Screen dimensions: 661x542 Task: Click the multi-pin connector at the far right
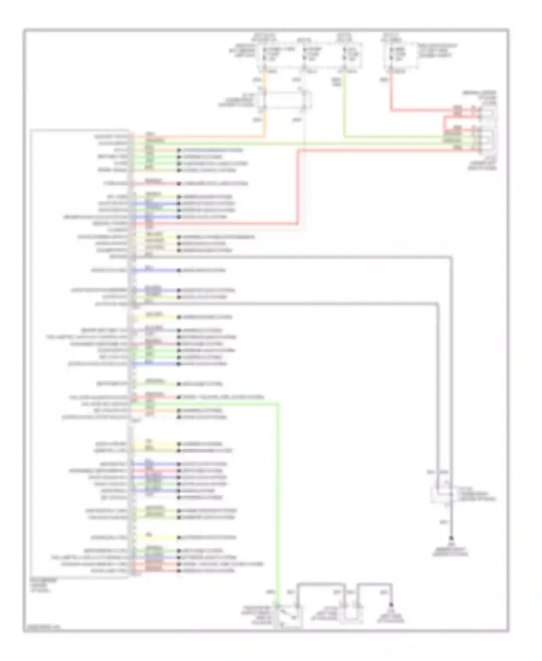487,128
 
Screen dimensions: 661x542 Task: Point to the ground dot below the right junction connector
451,538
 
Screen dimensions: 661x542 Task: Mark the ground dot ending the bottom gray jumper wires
391,605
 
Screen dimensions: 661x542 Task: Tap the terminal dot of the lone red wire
178,184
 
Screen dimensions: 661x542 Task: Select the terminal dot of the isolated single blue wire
178,270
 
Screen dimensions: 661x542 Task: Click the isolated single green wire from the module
155,384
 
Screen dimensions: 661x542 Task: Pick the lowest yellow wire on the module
155,538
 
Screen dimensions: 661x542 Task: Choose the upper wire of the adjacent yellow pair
155,444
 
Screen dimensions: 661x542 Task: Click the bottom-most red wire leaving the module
155,571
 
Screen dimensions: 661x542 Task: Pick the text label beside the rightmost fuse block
437,51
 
